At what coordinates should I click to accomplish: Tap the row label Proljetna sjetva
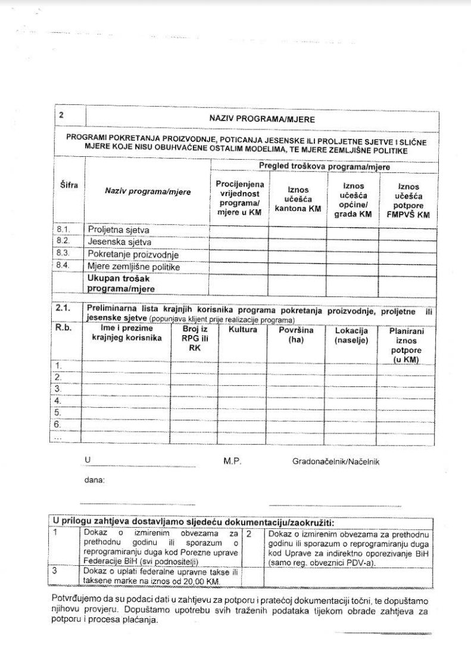(118, 230)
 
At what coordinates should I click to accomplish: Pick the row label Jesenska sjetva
(120, 242)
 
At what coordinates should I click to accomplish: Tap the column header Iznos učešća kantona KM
(298, 198)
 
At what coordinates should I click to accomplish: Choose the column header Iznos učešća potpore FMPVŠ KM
(408, 201)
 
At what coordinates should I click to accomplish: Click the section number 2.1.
(63, 308)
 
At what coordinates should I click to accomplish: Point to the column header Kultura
(242, 329)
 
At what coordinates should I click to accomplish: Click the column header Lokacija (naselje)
(351, 334)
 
